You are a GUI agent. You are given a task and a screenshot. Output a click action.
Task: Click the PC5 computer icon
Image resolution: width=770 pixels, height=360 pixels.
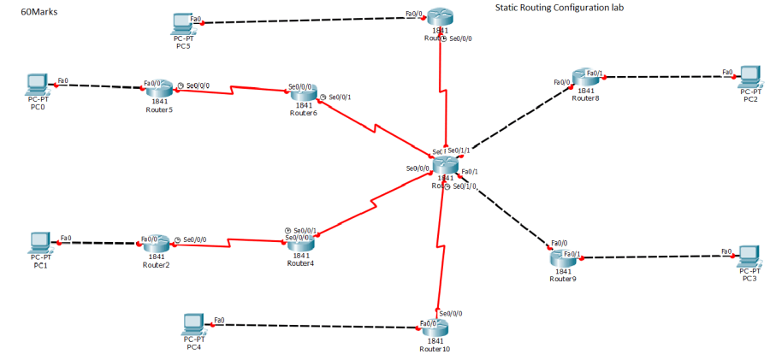coord(181,21)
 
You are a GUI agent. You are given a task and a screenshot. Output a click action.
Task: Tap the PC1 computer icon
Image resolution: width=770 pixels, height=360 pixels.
coord(39,241)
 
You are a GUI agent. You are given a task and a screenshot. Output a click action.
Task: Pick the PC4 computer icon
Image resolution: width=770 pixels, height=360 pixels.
coord(194,324)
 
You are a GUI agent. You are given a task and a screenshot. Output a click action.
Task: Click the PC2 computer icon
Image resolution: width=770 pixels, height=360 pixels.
coord(750,76)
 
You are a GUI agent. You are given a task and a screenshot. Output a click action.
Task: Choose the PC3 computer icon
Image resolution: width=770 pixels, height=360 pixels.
coord(749,256)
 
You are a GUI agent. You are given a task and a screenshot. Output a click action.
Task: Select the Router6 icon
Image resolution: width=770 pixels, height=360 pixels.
coord(303,92)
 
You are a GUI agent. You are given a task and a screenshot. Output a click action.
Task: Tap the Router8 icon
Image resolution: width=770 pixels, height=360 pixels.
coord(586,78)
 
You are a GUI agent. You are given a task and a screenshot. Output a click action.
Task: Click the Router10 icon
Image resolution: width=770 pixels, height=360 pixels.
coord(435,327)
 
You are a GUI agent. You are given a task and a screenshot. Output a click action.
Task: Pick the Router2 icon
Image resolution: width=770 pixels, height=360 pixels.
coord(156,243)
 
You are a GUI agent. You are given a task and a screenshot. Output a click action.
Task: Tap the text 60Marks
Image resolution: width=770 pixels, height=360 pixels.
coord(38,12)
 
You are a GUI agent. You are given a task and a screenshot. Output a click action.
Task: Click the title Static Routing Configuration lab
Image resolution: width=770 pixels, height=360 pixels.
coord(560,8)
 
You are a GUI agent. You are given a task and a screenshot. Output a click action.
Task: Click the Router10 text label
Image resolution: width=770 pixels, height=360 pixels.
coord(435,349)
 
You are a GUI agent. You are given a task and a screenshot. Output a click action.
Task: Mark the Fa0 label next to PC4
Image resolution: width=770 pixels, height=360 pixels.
coord(219,320)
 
